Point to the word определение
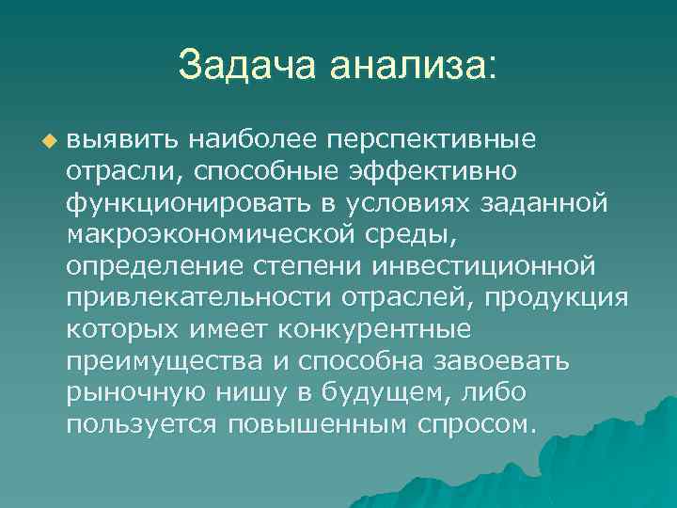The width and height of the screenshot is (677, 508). click(x=151, y=266)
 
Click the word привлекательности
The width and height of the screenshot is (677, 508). click(x=206, y=298)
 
